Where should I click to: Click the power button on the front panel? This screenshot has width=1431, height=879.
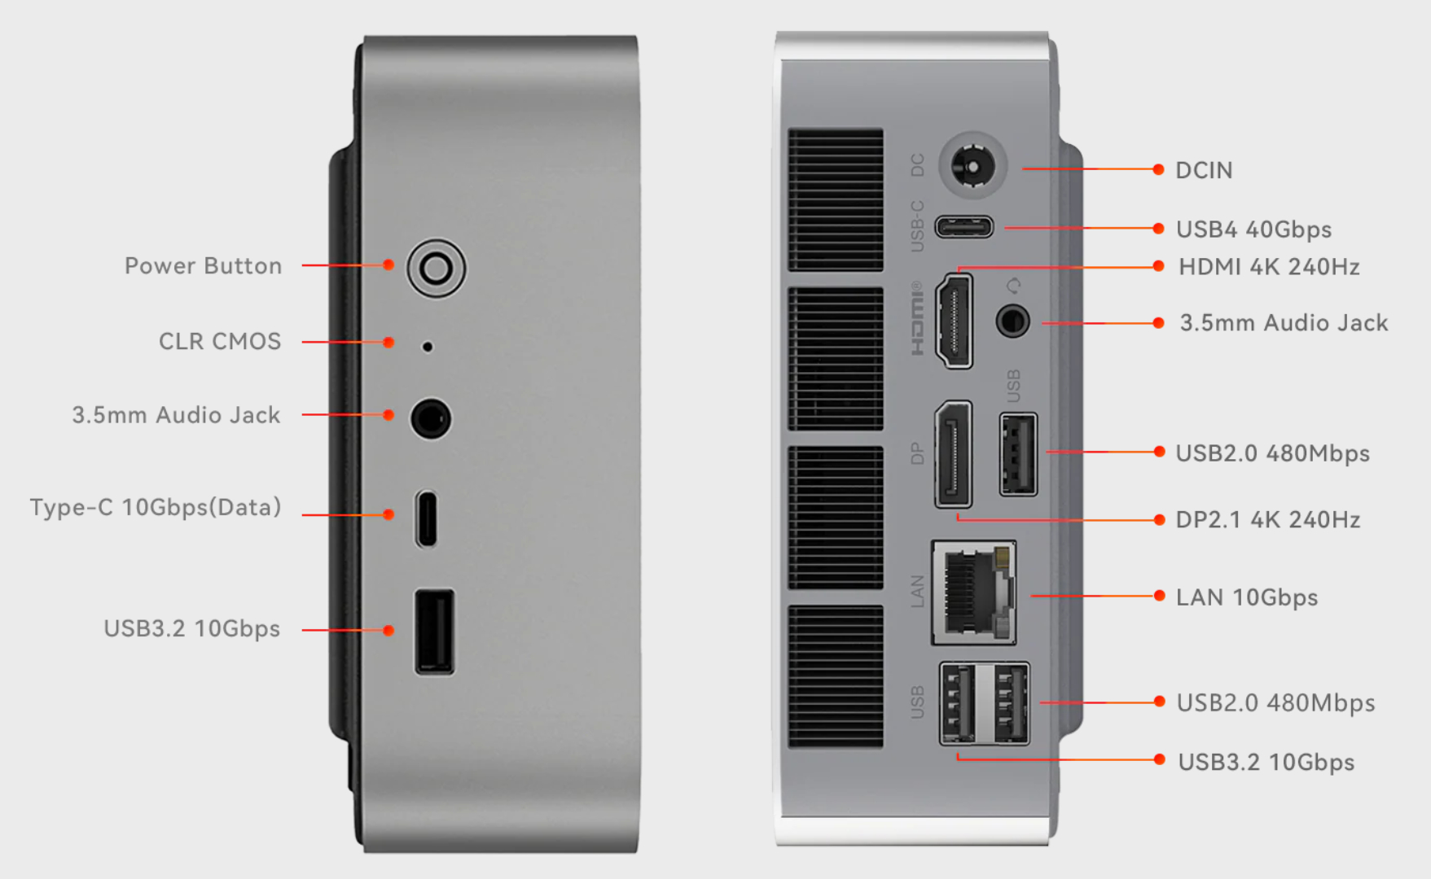pyautogui.click(x=437, y=268)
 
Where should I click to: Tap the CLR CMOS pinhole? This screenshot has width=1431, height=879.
pyautogui.click(x=427, y=347)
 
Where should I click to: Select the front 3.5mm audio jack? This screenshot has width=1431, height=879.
pyautogui.click(x=430, y=418)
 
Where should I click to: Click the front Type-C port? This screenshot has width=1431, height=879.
pyautogui.click(x=426, y=518)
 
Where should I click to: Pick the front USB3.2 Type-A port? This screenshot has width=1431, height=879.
pyautogui.click(x=435, y=632)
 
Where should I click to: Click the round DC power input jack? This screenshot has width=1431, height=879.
pyautogui.click(x=972, y=166)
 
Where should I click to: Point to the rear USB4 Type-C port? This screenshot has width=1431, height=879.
pyautogui.click(x=964, y=226)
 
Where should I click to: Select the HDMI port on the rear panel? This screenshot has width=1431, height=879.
pyautogui.click(x=955, y=321)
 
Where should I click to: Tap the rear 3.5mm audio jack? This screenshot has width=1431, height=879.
pyautogui.click(x=1013, y=321)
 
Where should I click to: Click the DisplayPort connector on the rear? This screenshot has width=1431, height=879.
pyautogui.click(x=954, y=453)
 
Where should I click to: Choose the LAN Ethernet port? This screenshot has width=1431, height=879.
pyautogui.click(x=974, y=593)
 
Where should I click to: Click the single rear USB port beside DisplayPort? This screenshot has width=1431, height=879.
pyautogui.click(x=1019, y=454)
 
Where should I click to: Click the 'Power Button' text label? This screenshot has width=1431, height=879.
pyautogui.click(x=203, y=266)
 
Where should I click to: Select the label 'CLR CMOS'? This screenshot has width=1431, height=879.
pyautogui.click(x=220, y=341)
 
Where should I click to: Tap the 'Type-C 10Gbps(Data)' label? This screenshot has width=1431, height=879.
pyautogui.click(x=156, y=507)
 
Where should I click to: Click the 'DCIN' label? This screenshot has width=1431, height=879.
pyautogui.click(x=1204, y=170)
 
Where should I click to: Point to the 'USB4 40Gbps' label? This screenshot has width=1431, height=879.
pyautogui.click(x=1254, y=230)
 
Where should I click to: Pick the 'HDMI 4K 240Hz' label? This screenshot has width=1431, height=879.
pyautogui.click(x=1269, y=267)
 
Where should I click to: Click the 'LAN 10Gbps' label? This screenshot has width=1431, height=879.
pyautogui.click(x=1247, y=597)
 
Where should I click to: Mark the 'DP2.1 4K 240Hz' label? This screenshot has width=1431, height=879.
pyautogui.click(x=1268, y=519)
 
